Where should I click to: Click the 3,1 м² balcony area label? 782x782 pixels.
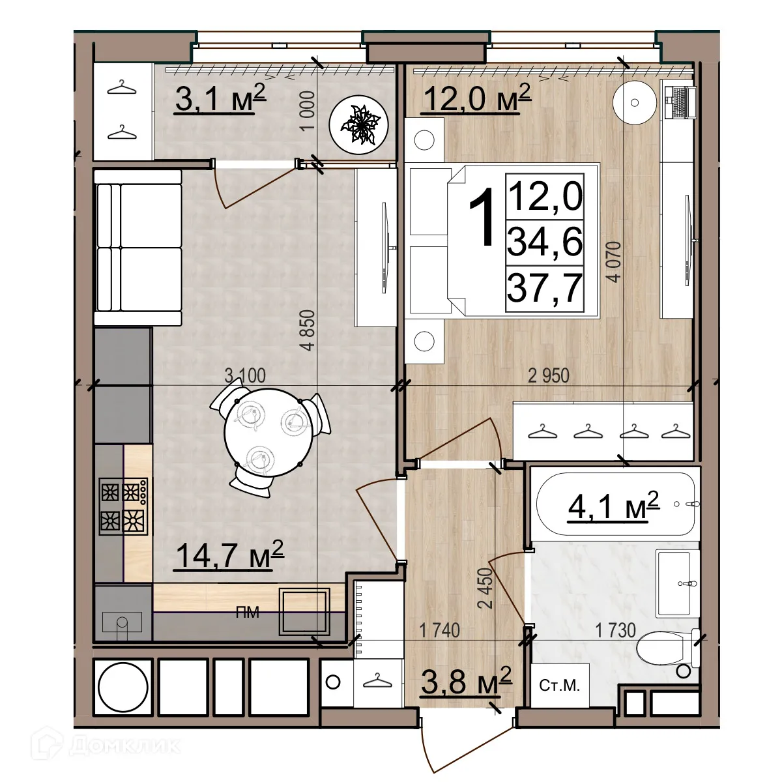click(x=220, y=98)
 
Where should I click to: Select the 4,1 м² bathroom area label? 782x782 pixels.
click(x=613, y=506)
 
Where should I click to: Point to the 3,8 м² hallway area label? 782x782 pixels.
click(x=467, y=681)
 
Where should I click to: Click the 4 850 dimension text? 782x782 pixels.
click(x=308, y=330)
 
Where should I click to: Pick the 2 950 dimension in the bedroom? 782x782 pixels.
click(x=548, y=376)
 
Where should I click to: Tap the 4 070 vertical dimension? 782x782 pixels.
click(x=613, y=261)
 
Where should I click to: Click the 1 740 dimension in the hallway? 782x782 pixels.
click(x=439, y=631)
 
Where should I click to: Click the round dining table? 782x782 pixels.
click(x=268, y=433)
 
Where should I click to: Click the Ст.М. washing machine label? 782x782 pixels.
click(x=559, y=686)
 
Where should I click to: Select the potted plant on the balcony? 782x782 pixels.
click(x=358, y=124)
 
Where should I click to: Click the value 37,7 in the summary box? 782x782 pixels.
click(x=545, y=289)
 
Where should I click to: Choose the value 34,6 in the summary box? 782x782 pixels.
click(x=545, y=242)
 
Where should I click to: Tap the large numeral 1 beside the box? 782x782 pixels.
click(x=482, y=217)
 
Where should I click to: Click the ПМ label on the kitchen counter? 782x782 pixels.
click(x=247, y=613)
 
